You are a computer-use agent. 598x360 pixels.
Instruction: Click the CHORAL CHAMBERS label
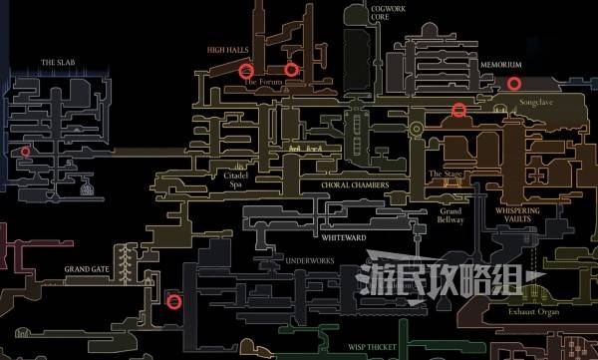[x=355, y=185]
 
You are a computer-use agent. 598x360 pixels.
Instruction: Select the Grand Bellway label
[x=450, y=215]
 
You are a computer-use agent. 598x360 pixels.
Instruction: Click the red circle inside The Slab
[x=25, y=152]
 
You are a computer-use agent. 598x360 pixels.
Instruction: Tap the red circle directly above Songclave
[x=514, y=84]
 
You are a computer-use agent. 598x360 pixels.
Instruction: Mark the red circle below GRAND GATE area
[x=174, y=301]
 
